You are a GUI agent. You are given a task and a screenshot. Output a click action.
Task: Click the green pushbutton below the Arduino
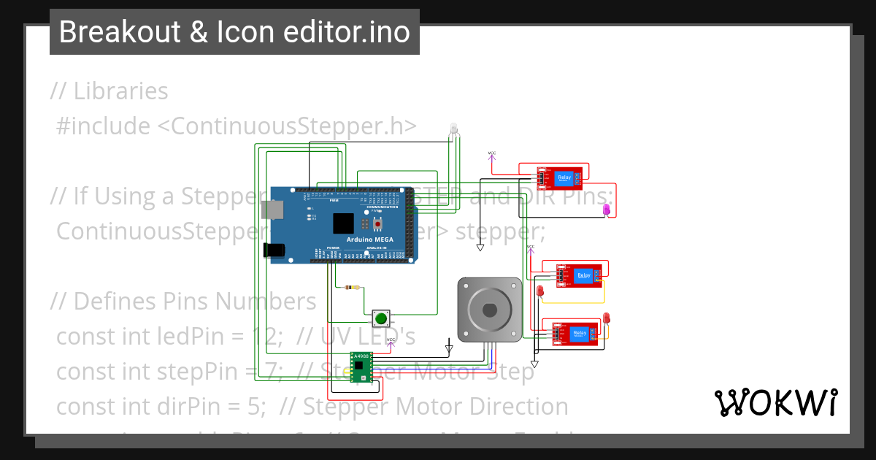coord(380,318)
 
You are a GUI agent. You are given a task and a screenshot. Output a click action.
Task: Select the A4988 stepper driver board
coord(361,367)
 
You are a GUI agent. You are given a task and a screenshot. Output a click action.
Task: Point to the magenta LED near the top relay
coord(606,210)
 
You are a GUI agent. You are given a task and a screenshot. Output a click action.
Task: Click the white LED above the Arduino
coord(453,129)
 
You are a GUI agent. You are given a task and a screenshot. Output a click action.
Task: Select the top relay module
coord(561,178)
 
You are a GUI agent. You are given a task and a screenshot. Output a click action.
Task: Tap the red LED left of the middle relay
coord(540,291)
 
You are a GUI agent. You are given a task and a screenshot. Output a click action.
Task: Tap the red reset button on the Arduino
coord(378,223)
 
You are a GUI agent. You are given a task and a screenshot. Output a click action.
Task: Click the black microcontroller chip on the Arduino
coord(343,223)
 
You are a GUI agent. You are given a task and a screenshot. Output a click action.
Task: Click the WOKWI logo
coord(775,402)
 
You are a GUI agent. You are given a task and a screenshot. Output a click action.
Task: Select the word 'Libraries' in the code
coord(120,91)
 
